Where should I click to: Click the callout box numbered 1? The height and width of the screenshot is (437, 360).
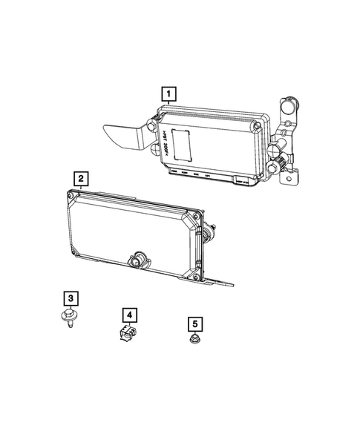point(170,94)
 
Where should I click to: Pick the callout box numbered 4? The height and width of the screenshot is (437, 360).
point(129,315)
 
